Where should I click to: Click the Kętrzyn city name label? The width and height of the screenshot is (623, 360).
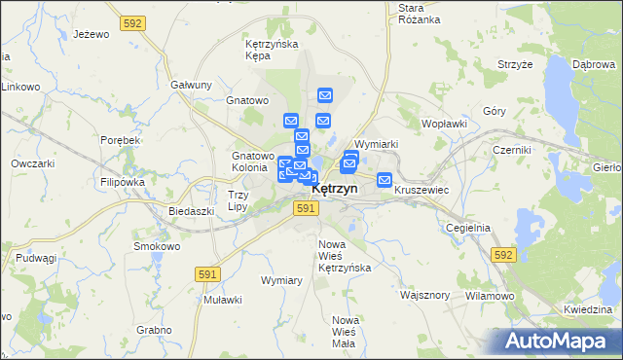click(x=335, y=189)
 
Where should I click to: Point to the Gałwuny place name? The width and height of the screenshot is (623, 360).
click(x=191, y=85)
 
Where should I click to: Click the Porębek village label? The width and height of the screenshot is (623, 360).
click(x=121, y=140)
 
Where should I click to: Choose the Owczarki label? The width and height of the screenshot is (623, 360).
click(x=31, y=163)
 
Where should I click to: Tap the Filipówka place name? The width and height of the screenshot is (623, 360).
click(x=121, y=182)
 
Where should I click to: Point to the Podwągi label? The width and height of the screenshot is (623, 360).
click(x=36, y=258)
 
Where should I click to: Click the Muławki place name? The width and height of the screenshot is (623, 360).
click(x=222, y=300)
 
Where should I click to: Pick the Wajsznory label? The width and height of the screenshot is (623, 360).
click(x=424, y=294)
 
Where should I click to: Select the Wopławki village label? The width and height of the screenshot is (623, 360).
click(x=445, y=125)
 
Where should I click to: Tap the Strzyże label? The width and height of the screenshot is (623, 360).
click(x=514, y=64)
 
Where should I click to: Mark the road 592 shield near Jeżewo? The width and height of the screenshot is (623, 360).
click(x=133, y=21)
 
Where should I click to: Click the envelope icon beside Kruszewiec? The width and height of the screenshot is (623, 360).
click(x=385, y=180)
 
